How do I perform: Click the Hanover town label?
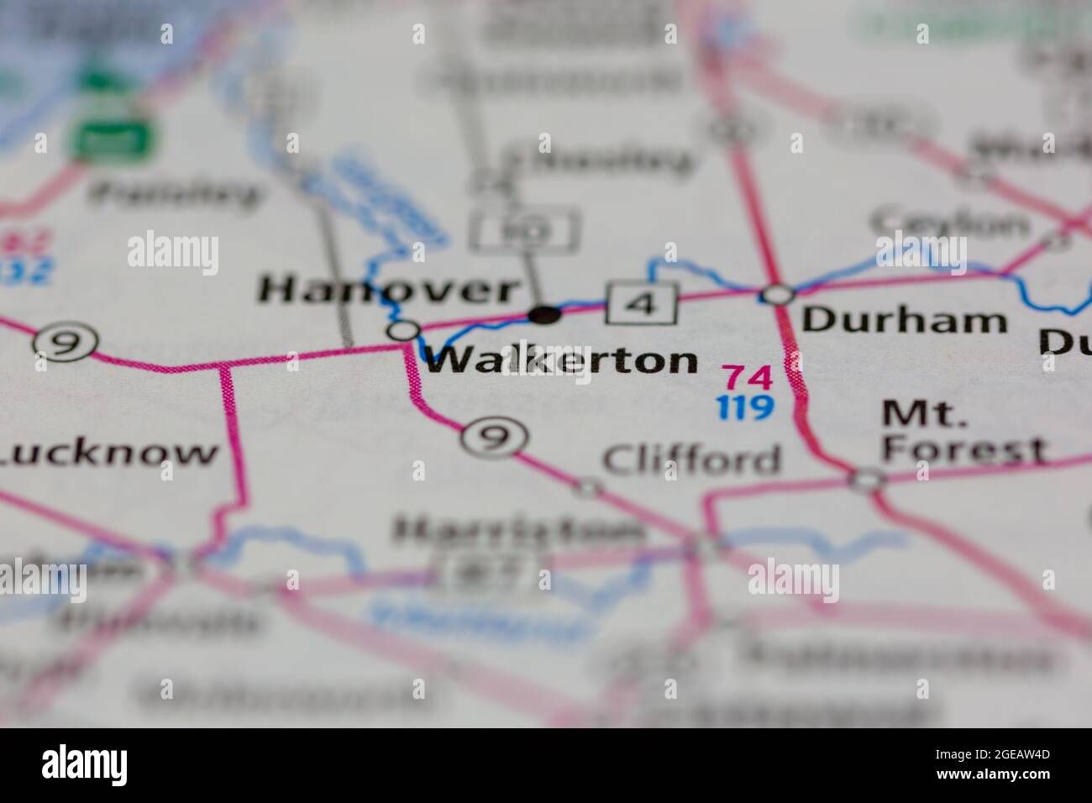coord(386,291)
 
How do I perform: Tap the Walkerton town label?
coord(561,360)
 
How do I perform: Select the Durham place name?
coord(904,320)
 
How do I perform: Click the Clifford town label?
coord(691,459)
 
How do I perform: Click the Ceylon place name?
coord(950,224)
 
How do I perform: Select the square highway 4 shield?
coord(643,302)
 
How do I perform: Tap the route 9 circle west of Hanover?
coord(66,343)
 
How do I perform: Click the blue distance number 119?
coord(744,408)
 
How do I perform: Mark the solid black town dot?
coord(545,315)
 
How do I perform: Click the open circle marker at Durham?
coord(777,295)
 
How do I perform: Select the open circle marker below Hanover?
coord(404,330)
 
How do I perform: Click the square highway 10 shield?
coord(524,232)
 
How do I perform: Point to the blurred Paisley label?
coord(174,194)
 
